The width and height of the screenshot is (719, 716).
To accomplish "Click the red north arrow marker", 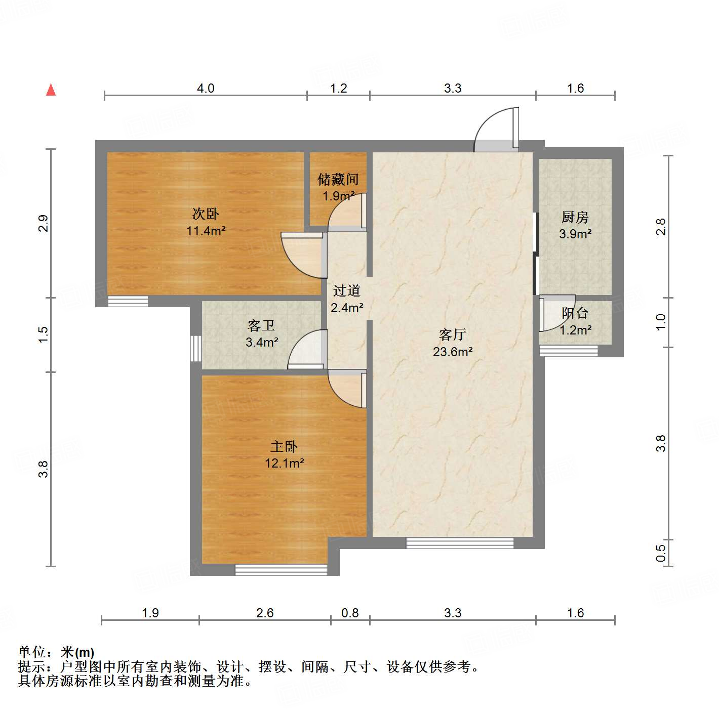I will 51,90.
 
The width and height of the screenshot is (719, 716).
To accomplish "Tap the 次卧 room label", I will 206,214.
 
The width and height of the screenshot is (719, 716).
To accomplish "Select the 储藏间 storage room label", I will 338,179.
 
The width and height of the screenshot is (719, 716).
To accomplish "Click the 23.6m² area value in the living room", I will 453,352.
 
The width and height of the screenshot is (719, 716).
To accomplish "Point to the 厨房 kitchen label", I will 575,218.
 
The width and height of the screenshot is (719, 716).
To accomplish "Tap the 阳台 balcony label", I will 575,313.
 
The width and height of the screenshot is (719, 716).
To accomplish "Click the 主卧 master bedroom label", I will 284,446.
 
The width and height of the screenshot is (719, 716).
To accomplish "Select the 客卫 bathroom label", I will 261,325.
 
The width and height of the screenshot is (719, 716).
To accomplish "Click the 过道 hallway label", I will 347,290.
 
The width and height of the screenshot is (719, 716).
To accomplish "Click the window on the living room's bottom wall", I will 460,543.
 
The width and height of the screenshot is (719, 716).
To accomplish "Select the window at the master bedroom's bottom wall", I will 281,570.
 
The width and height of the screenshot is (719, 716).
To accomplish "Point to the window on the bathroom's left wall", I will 195,348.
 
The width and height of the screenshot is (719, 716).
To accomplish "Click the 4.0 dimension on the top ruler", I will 206,88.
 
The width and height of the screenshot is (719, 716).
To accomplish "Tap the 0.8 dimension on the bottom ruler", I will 350,613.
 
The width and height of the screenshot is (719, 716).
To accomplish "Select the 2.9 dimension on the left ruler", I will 44,223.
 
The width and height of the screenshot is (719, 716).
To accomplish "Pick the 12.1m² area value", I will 284,463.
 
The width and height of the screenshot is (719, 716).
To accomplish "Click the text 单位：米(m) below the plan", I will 56,652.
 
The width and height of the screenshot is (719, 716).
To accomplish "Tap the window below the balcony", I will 569,351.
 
